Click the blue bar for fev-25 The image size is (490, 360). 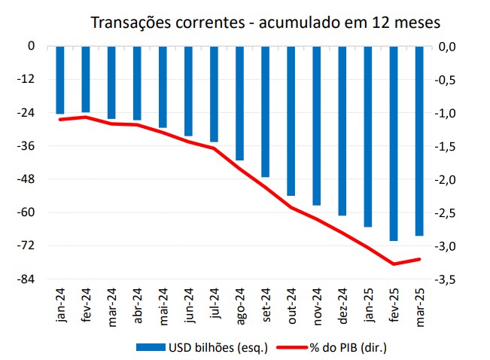pos(394,143)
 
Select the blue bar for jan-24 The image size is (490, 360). pos(60,80)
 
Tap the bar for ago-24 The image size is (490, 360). pos(239,103)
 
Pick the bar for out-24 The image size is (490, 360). pos(291,121)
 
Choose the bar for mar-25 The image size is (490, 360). pos(419,141)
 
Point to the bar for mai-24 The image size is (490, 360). pos(163,87)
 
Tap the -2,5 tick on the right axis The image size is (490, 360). pos(449,213)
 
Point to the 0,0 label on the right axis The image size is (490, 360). pos(449,47)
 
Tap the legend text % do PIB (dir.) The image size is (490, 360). pos(347,347)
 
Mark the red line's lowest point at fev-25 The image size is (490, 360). pos(394,264)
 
